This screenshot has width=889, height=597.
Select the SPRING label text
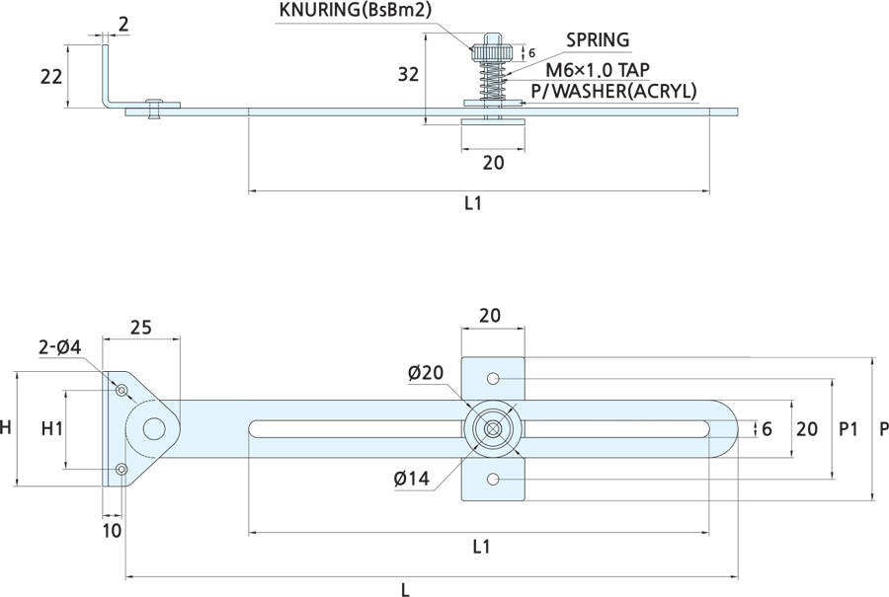(597, 40)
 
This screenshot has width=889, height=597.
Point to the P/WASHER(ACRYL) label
(613, 92)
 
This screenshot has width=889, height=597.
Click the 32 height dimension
(407, 74)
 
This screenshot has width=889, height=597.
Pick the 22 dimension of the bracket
(51, 77)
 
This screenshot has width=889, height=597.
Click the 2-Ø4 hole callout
(58, 347)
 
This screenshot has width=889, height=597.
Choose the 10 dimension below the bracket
(112, 530)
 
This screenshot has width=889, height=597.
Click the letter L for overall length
(405, 589)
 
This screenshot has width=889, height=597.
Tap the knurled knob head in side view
(490, 50)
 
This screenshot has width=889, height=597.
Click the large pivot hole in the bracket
(154, 429)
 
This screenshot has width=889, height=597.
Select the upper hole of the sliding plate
(493, 379)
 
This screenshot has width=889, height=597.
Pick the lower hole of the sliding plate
(493, 480)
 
